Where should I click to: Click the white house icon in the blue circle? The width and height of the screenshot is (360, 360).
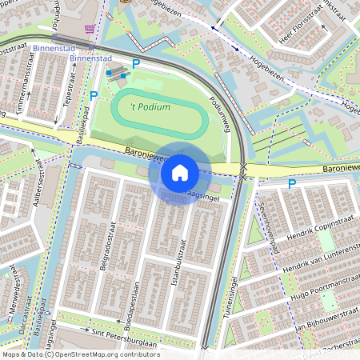tap(180, 172)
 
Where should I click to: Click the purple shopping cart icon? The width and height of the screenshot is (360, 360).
tap(88, 29)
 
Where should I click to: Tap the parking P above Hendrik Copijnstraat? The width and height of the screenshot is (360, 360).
tap(291, 183)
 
